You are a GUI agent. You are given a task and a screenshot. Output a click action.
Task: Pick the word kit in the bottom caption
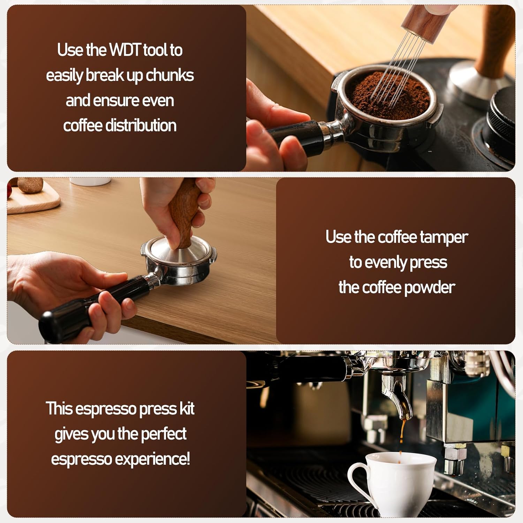187,409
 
